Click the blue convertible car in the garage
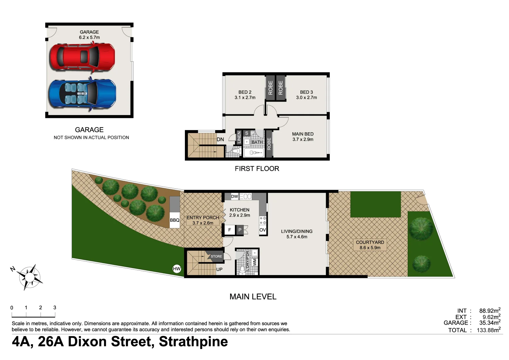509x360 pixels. pyautogui.click(x=82, y=94)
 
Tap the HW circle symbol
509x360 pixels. pyautogui.click(x=177, y=269)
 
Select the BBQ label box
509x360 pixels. pyautogui.click(x=175, y=220)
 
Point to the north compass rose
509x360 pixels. pyautogui.click(x=30, y=277)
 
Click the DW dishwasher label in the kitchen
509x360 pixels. pyautogui.click(x=235, y=196)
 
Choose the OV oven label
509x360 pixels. pyautogui.click(x=262, y=230)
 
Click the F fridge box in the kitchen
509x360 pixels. pyautogui.click(x=230, y=230)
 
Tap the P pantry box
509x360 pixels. pyautogui.click(x=240, y=230)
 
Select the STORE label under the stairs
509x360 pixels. pyautogui.click(x=216, y=256)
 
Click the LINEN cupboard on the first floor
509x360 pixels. pyautogui.click(x=239, y=137)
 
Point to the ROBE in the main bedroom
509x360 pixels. pyautogui.click(x=269, y=144)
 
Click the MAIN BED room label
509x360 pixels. pyautogui.click(x=303, y=137)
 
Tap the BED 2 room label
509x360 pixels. pyautogui.click(x=245, y=95)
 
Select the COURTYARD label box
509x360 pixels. pyautogui.click(x=370, y=245)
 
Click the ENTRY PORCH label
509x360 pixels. pyautogui.click(x=203, y=220)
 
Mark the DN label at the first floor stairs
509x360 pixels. pyautogui.click(x=220, y=139)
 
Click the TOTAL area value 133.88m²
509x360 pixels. pyautogui.click(x=488, y=330)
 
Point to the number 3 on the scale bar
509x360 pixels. pyautogui.click(x=55, y=308)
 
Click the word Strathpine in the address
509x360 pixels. pyautogui.click(x=193, y=342)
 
